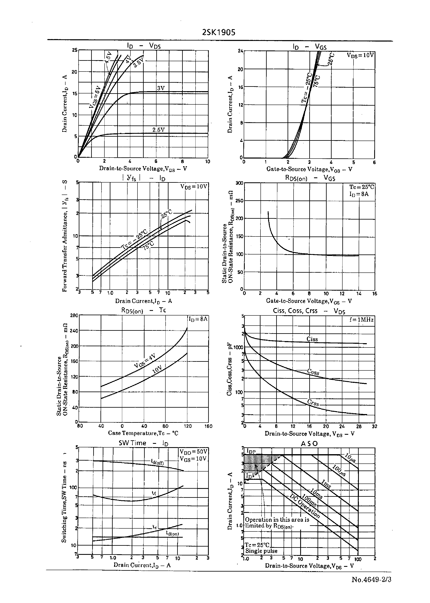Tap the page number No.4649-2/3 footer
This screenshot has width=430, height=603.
click(x=371, y=580)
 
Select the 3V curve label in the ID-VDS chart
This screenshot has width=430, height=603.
click(x=161, y=88)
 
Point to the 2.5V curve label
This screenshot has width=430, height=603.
click(x=158, y=130)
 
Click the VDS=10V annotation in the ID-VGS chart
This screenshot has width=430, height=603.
click(x=360, y=55)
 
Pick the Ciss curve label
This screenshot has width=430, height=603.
click(x=312, y=339)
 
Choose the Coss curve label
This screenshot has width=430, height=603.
click(x=313, y=372)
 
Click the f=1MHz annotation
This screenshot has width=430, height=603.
click(x=361, y=320)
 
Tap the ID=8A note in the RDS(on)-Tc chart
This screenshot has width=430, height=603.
click(x=198, y=319)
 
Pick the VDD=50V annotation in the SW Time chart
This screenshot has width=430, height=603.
click(x=193, y=452)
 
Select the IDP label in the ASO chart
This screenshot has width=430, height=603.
click(x=251, y=451)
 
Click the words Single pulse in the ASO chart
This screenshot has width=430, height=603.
click(x=261, y=551)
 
